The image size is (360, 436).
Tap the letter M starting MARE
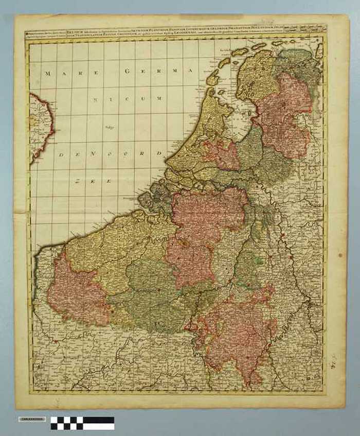(x=47, y=74)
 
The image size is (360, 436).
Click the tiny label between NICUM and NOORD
(x=109, y=127)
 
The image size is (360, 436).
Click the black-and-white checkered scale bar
(x=82, y=423)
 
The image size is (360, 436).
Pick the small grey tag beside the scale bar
(x=32, y=419)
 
